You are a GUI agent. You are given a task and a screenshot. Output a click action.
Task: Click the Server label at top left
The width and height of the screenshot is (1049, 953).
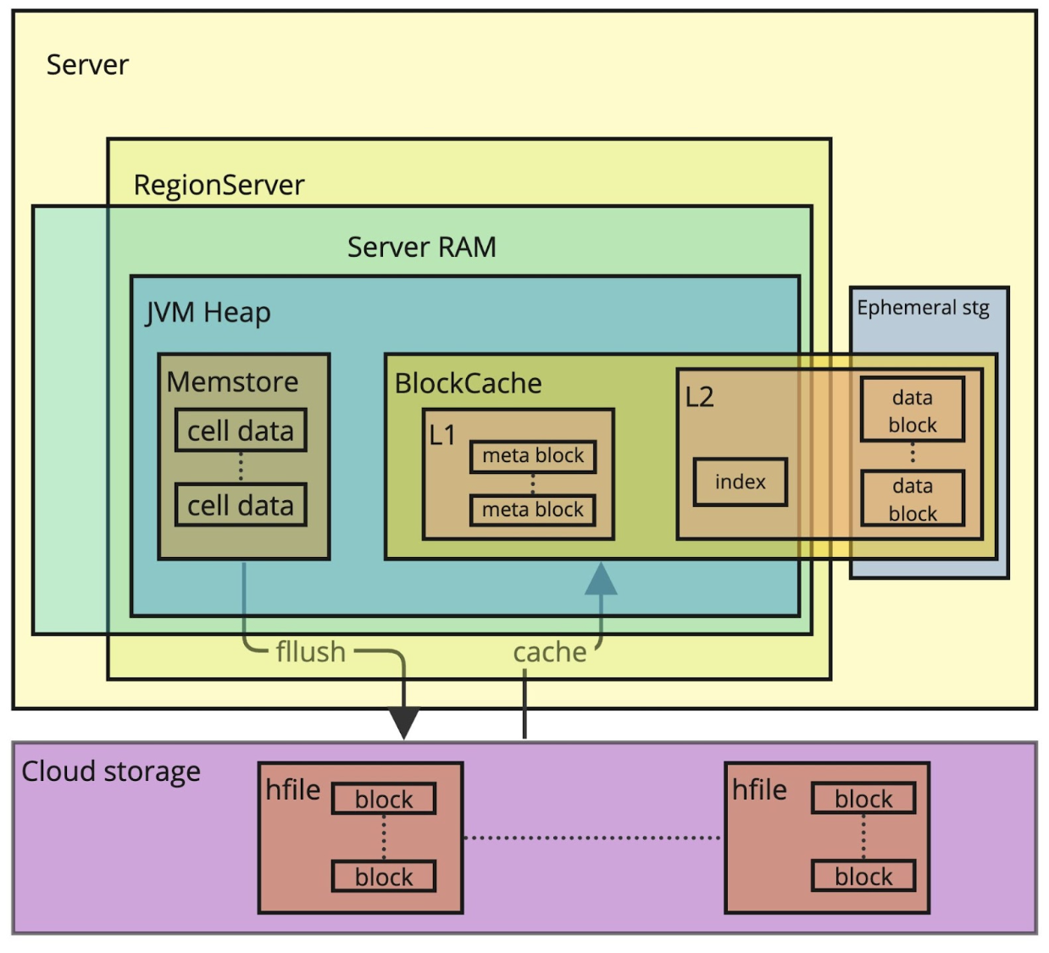coord(87,65)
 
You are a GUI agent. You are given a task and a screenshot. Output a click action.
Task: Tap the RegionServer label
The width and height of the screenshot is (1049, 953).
coord(219,185)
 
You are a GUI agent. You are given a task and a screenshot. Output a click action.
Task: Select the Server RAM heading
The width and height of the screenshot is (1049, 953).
coord(421,248)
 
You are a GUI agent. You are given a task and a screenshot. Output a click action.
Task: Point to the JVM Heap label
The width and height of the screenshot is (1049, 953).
coord(208,313)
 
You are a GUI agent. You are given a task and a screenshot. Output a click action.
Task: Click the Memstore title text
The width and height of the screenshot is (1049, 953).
coord(232,382)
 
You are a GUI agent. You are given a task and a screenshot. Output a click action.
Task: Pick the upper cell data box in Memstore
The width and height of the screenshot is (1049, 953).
coord(241,431)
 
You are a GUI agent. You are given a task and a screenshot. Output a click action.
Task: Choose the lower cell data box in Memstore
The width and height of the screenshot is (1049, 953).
coord(241,505)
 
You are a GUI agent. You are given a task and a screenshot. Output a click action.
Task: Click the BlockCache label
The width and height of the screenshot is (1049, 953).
coord(468,383)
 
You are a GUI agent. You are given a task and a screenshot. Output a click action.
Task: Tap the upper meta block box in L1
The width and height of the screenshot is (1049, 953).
coord(533,456)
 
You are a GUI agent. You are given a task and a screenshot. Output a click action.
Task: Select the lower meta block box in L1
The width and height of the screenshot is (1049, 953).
coord(533,510)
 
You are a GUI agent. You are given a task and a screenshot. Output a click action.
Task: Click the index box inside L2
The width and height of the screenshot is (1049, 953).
coord(740,482)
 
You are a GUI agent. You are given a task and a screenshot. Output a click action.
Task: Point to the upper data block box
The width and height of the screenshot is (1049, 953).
coord(913,410)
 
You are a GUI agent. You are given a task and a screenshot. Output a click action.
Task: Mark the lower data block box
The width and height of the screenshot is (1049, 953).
coord(913,499)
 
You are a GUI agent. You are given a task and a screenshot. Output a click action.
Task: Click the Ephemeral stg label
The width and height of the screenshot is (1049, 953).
coord(923,308)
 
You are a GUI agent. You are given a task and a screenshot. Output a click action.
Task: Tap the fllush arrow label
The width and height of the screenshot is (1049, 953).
coord(310,652)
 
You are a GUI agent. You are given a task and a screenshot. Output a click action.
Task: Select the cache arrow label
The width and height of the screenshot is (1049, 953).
coord(549,652)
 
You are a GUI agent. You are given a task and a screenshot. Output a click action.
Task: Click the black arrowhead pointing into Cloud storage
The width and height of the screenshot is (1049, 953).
coord(404,723)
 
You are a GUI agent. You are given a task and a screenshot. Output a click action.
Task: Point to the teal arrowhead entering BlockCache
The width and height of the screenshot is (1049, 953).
coord(602,580)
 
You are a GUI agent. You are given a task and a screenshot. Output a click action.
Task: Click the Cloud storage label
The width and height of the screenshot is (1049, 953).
coord(111,772)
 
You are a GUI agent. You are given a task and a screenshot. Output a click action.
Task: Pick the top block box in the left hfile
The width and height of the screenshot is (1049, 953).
coord(384,799)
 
